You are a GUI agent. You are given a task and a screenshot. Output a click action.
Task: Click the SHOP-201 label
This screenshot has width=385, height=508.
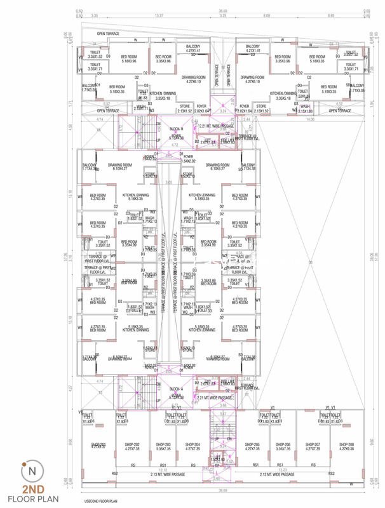(x=98, y=444)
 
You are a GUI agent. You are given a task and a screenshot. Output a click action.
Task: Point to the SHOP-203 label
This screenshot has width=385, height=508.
(x=164, y=444)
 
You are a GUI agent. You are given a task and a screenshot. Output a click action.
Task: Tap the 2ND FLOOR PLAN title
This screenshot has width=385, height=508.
(x=32, y=493)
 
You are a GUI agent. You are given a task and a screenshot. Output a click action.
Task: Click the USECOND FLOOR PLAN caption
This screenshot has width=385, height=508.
(x=106, y=501)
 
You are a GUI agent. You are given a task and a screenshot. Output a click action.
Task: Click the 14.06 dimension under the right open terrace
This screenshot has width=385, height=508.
(x=310, y=119)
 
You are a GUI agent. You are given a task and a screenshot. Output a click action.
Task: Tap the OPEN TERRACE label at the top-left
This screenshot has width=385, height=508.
(x=109, y=33)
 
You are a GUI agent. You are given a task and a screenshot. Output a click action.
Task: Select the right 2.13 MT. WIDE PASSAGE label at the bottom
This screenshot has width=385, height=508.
(x=274, y=474)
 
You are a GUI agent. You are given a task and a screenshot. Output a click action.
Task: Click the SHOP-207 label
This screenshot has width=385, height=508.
(x=312, y=444)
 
